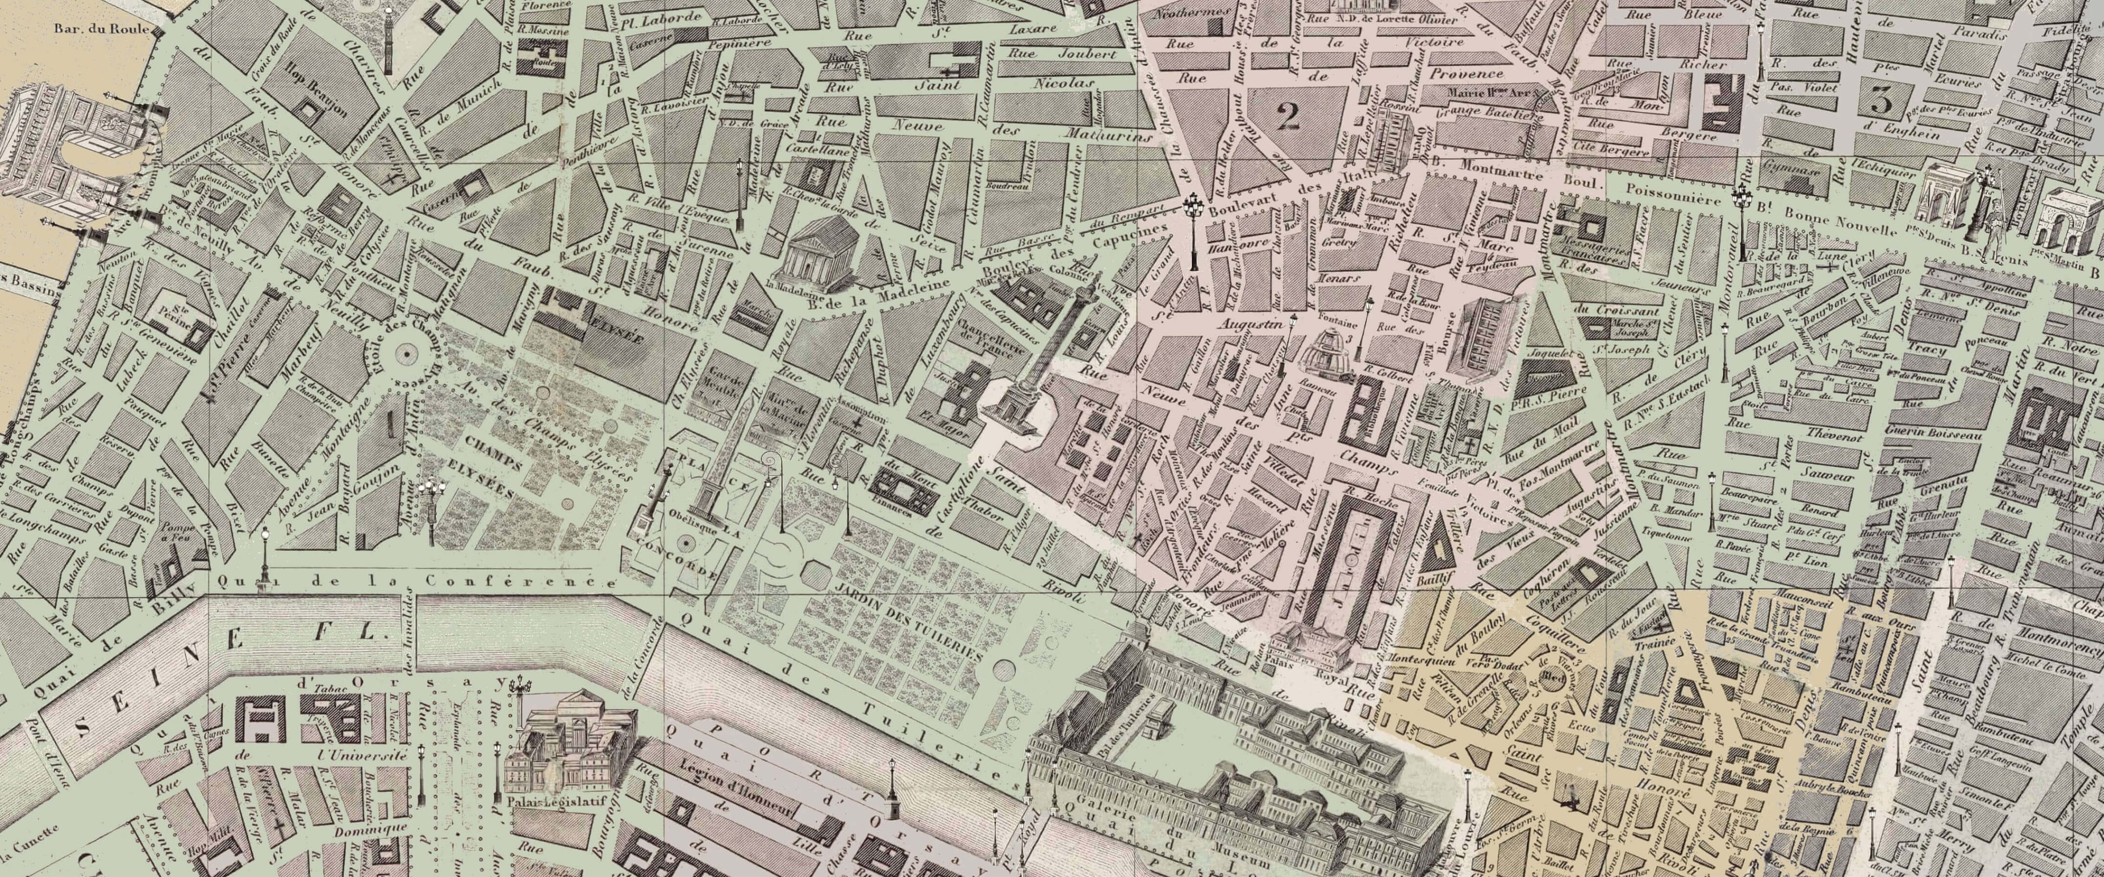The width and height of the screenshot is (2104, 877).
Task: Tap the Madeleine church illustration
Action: pos(820,256)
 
